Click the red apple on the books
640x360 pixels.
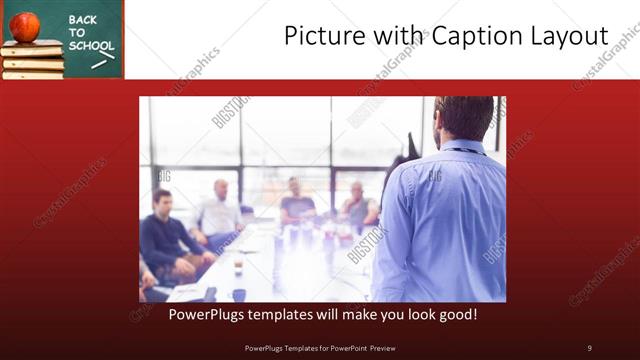pyautogui.click(x=25, y=25)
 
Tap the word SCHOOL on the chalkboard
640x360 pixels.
pyautogui.click(x=91, y=46)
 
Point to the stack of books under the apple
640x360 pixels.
pyautogui.click(x=32, y=60)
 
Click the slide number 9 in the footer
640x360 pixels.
pyautogui.click(x=589, y=347)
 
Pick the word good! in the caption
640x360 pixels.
pyautogui.click(x=455, y=314)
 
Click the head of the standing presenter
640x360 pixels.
pyautogui.click(x=462, y=118)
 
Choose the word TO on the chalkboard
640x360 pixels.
pyautogui.click(x=77, y=32)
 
